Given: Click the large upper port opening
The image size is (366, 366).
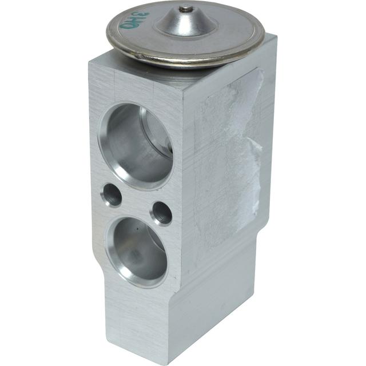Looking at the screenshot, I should [x=136, y=145].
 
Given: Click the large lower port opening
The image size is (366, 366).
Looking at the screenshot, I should [x=137, y=250].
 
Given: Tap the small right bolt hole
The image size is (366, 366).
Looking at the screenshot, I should [x=161, y=213].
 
